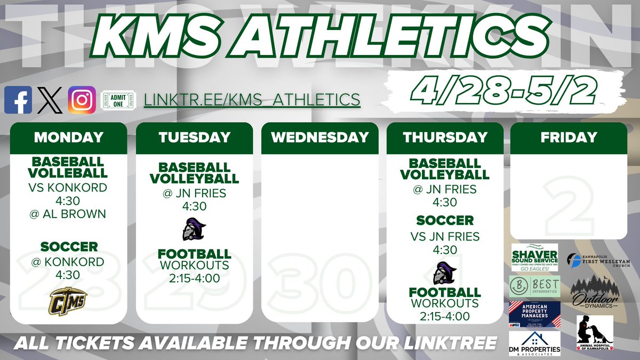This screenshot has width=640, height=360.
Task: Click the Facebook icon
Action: [18, 100]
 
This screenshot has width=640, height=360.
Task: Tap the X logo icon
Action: [50, 100]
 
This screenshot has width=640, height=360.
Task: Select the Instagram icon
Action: [82, 100]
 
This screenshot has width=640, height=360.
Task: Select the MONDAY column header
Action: [68, 137]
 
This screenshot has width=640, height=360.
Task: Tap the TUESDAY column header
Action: [194, 137]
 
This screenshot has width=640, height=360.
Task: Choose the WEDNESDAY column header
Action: [319, 137]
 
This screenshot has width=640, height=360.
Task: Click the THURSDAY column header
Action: [445, 137]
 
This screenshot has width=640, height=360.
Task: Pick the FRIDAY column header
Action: [569, 137]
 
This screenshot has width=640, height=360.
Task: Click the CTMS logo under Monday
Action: [68, 300]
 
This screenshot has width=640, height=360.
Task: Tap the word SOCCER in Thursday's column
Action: [445, 220]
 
